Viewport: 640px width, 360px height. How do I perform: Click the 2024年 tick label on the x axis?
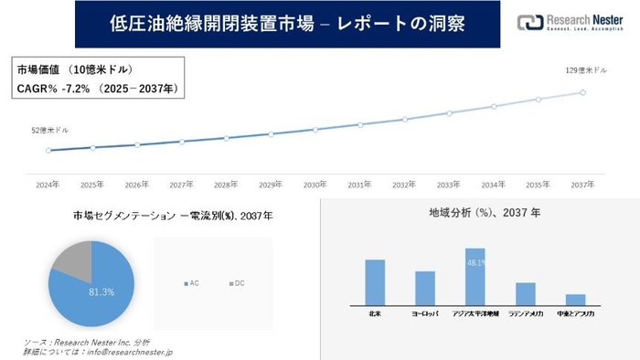48,184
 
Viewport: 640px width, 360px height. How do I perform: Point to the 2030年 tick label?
315,184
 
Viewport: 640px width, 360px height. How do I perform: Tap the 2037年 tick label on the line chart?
582,184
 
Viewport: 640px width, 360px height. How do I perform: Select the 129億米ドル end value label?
587,70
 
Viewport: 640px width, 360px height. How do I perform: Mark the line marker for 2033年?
449,113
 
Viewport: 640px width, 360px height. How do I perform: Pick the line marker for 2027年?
182,142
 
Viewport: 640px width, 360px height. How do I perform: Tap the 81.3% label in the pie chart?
101,291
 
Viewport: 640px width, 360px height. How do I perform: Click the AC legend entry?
193,283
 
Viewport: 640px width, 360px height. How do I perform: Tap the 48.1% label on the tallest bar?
475,262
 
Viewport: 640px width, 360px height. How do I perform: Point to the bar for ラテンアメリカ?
525,293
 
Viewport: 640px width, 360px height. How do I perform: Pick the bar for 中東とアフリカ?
575,300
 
